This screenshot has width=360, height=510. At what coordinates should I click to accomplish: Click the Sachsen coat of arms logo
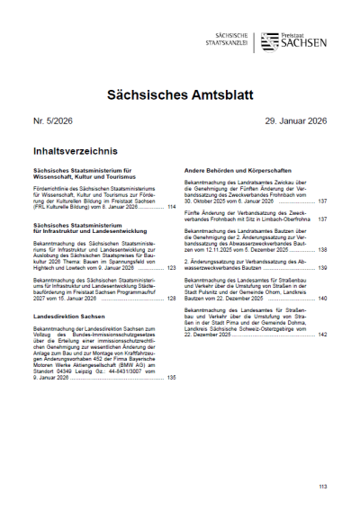pyautogui.click(x=271, y=41)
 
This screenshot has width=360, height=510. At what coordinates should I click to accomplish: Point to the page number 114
pyautogui.click(x=171, y=207)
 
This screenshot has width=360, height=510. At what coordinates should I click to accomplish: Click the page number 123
pyautogui.click(x=171, y=268)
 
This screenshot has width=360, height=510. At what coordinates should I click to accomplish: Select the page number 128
pyautogui.click(x=171, y=298)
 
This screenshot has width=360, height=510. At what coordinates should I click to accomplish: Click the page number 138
pyautogui.click(x=321, y=249)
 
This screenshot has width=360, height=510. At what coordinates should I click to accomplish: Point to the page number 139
pyautogui.click(x=321, y=268)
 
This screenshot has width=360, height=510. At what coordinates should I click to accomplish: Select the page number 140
pyautogui.click(x=321, y=298)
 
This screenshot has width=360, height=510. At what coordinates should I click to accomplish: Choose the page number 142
pyautogui.click(x=321, y=333)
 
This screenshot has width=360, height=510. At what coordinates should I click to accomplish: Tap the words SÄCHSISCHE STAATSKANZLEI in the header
pyautogui.click(x=226, y=39)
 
